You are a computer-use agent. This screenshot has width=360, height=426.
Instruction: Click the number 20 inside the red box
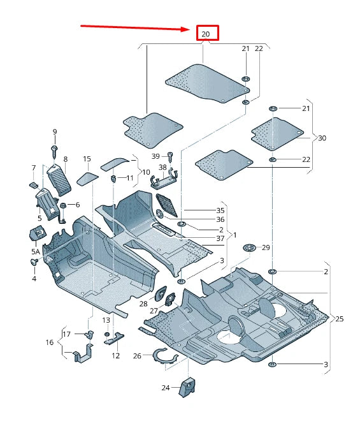(205, 33)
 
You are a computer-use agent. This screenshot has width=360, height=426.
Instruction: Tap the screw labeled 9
(55, 150)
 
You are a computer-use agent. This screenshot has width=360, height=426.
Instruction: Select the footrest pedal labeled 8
(59, 179)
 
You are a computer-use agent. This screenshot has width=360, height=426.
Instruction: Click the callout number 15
(87, 159)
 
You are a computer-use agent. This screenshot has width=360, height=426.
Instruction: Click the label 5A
(36, 252)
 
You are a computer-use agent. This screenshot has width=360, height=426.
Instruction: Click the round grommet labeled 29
(249, 247)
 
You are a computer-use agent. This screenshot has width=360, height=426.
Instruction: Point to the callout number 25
(340, 318)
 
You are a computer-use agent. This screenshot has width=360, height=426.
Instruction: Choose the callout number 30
(322, 138)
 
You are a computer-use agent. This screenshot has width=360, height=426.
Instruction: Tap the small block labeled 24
(189, 386)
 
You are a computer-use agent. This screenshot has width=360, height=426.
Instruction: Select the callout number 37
(220, 239)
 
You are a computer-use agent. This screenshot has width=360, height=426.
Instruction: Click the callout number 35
(220, 210)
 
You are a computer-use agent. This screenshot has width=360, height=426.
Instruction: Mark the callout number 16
(50, 343)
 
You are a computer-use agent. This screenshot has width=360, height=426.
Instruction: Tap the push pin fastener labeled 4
(36, 262)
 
